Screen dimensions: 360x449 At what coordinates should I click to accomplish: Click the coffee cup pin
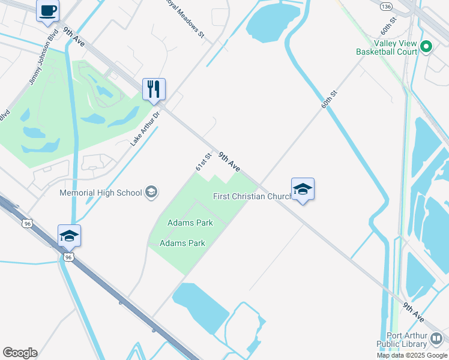point(47,10)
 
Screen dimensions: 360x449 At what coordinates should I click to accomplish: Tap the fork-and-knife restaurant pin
point(153,89)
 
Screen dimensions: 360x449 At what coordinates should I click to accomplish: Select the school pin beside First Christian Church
point(303,189)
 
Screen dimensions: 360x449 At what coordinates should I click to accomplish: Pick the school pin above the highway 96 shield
point(69,236)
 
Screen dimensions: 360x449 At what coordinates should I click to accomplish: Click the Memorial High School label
point(101,193)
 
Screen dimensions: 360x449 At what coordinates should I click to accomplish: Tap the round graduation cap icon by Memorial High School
point(151,193)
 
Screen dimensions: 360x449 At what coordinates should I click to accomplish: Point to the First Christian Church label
point(252,196)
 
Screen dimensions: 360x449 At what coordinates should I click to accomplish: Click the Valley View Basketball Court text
point(396,47)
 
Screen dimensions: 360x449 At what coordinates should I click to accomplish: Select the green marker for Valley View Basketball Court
point(426,46)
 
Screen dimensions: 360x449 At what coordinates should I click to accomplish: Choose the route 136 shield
point(386,5)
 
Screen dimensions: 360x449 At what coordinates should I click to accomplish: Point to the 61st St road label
point(203,162)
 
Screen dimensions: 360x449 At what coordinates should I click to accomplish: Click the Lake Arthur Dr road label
point(145,128)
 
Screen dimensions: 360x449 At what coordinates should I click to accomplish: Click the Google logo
point(20,353)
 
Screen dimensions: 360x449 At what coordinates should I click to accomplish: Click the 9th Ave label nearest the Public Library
point(414,311)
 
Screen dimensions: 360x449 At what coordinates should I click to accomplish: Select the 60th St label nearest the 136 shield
point(389,25)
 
